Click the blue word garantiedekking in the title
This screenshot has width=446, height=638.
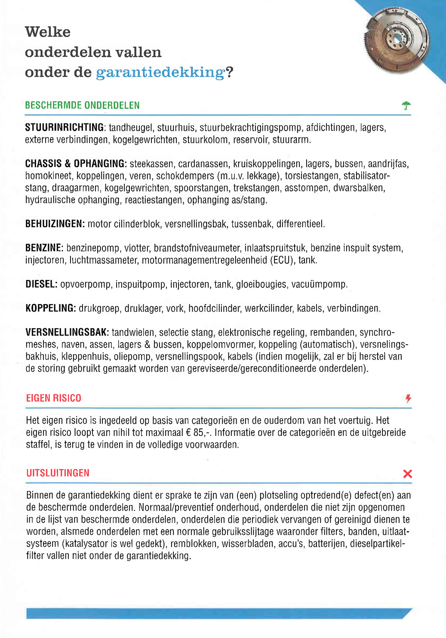160,72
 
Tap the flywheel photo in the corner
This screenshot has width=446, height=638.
397,40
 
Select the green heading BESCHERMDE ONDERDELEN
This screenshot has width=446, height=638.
82,105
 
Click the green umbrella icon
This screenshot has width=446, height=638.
406,105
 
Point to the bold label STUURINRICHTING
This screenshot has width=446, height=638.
65,128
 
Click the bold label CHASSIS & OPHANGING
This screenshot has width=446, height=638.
76,164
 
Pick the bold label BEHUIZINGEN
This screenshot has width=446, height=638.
55,224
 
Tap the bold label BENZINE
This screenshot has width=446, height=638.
44,248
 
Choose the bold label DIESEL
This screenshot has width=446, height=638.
41,284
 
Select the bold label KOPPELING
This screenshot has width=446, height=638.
51,308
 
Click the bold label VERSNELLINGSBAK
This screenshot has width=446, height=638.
67,333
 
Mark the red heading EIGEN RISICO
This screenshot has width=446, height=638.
54,398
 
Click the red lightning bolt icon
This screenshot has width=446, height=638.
408,398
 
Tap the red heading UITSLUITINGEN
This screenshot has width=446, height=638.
58,473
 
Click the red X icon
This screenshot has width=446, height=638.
407,474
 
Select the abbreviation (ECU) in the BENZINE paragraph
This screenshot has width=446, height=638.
281,260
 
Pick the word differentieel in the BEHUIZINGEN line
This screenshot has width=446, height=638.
300,224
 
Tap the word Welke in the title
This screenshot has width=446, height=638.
48,32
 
